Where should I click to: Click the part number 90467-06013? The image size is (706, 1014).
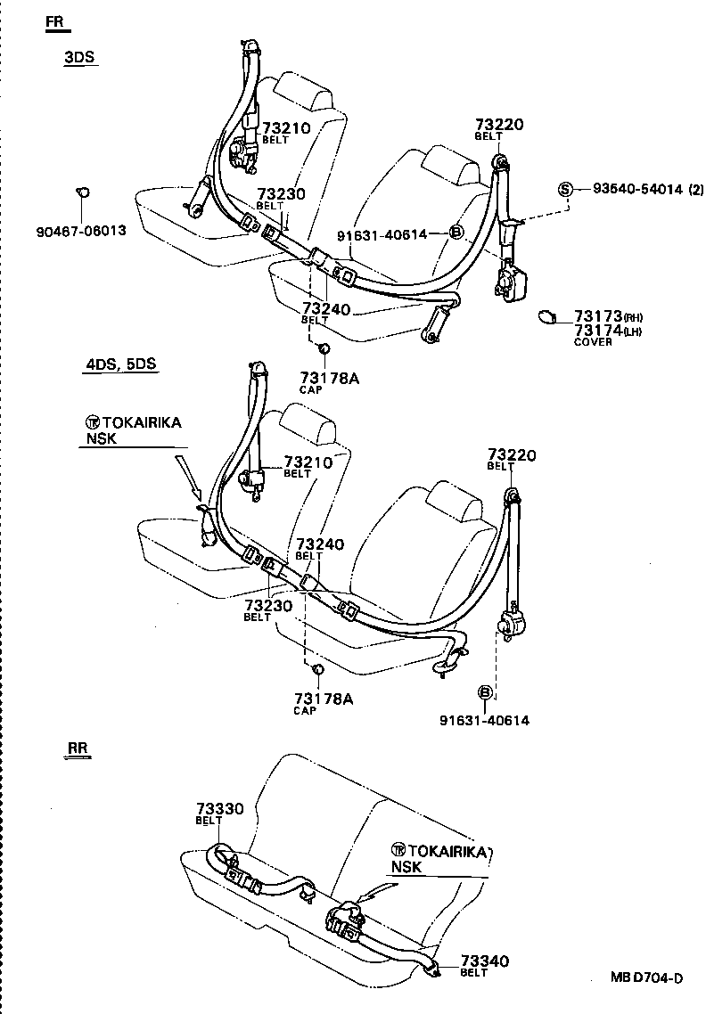[81, 231]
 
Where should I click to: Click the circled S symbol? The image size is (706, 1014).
[565, 189]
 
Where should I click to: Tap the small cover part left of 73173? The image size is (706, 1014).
[547, 316]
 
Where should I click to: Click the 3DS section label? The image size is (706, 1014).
[78, 58]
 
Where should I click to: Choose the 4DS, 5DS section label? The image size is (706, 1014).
[121, 364]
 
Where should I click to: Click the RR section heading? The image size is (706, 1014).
[78, 748]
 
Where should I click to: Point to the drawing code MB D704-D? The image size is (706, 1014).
[646, 977]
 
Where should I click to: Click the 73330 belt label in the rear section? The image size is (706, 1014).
[219, 808]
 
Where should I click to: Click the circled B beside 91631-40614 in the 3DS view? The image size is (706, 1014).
[455, 233]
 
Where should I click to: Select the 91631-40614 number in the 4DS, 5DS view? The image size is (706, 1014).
[484, 720]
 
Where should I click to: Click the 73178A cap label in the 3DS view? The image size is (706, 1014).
[328, 379]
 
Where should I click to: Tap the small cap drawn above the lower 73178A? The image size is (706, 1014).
[316, 668]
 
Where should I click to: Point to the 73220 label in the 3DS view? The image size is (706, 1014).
[499, 125]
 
